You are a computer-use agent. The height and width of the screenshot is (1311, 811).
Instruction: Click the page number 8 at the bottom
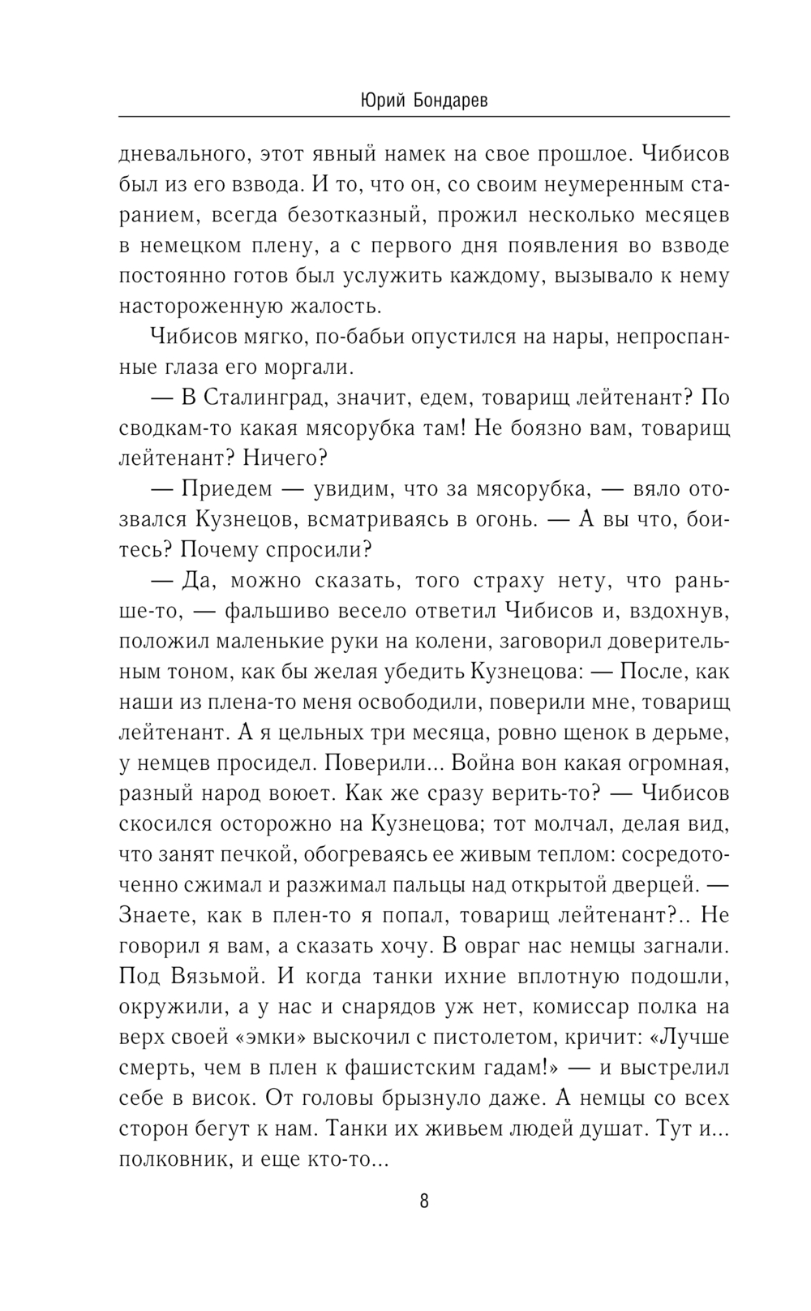click(x=424, y=1201)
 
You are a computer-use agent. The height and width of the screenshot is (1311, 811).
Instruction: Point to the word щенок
click(x=586, y=733)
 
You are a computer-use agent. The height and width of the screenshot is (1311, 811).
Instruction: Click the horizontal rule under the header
click(x=424, y=118)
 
